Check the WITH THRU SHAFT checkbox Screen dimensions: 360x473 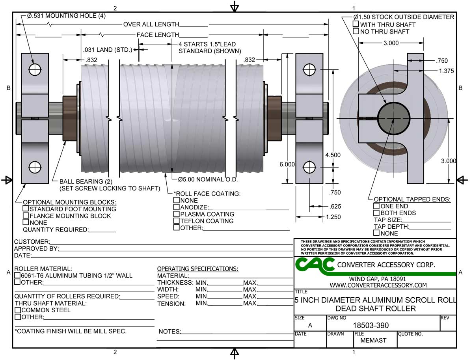click(x=356, y=24)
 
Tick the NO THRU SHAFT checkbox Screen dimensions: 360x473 click(x=356, y=31)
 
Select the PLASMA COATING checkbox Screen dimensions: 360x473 click(x=177, y=214)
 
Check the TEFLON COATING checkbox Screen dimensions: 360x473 click(x=177, y=221)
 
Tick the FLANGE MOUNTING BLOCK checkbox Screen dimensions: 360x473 click(x=26, y=216)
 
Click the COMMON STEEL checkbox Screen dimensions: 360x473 click(x=18, y=310)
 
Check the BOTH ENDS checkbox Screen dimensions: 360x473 click(x=377, y=213)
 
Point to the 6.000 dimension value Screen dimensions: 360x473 click(x=287, y=164)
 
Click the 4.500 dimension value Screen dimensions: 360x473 click(x=333, y=155)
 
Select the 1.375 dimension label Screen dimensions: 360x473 click(x=447, y=71)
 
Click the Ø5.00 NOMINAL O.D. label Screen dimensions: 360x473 click(x=203, y=180)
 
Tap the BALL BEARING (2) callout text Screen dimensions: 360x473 click(x=86, y=182)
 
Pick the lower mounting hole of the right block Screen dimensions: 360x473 click(x=310, y=167)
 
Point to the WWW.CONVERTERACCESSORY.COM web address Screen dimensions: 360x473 click(x=378, y=285)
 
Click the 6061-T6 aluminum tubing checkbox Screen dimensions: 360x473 click(x=18, y=275)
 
